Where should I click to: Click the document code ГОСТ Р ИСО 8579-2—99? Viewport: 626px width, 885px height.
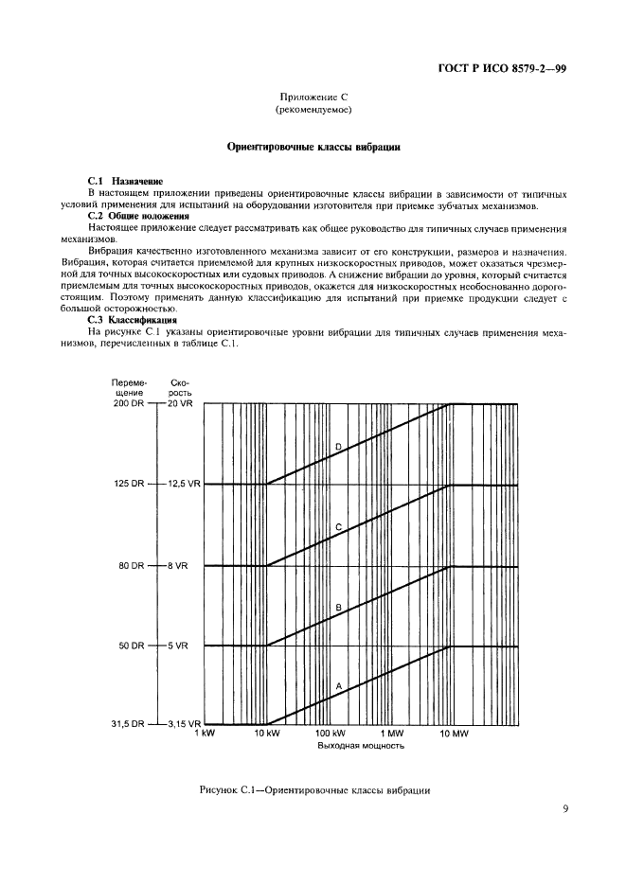coord(503,69)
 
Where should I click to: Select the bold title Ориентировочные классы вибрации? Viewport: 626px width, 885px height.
coord(313,147)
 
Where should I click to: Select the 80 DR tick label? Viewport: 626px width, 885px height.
coord(131,565)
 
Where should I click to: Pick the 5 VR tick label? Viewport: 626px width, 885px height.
coord(177,646)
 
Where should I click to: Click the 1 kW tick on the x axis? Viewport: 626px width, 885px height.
coord(206,734)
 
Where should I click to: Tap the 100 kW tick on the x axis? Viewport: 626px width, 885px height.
coord(330,734)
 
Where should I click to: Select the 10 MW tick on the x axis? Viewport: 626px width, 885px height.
coord(452,734)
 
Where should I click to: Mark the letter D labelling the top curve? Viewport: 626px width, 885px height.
coord(337,446)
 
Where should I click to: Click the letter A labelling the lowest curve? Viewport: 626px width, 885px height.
coord(337,683)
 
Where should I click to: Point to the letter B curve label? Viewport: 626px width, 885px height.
coord(337,607)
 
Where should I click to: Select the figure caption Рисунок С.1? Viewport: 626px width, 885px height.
coord(315,789)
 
